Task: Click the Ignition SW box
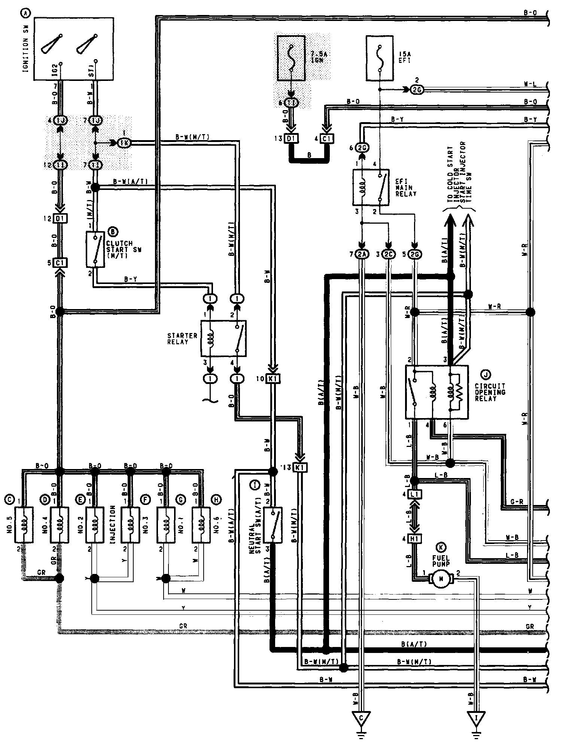coord(73,48)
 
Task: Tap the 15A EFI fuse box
coord(380,58)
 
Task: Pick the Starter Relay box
coord(223,338)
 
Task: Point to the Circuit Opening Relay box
coord(437,392)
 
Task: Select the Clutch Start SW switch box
coord(95,249)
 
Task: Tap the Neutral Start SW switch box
coord(273,524)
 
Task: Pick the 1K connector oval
coord(124,142)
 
